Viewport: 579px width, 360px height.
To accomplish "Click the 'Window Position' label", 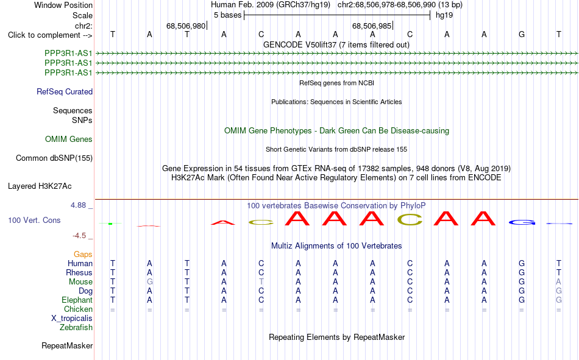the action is click(63, 5).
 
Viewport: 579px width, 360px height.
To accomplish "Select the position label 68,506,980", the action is click(186, 26).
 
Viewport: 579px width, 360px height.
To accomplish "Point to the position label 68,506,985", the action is click(372, 26).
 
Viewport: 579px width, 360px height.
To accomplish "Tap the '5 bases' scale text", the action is click(227, 15).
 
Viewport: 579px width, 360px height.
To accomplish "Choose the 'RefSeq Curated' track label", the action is click(65, 91).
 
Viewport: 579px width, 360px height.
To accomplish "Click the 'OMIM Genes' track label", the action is click(69, 139).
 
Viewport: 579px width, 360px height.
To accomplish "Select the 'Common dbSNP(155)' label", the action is click(54, 158).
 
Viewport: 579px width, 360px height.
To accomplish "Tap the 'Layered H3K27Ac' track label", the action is click(40, 186).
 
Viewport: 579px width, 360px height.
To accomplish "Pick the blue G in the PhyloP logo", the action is click(522, 223).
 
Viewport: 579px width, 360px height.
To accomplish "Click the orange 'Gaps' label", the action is click(83, 255).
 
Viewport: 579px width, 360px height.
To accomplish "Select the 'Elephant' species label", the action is click(77, 300).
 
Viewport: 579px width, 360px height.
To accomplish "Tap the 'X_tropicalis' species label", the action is click(72, 319).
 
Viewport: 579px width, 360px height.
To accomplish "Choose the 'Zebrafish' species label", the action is click(76, 328).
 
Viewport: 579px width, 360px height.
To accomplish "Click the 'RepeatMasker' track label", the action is click(67, 346).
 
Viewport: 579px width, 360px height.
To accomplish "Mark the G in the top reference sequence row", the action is click(521, 35).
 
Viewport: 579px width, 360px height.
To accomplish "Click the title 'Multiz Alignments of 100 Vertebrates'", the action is click(336, 246).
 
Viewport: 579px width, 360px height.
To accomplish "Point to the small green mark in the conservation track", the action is click(110, 224).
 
